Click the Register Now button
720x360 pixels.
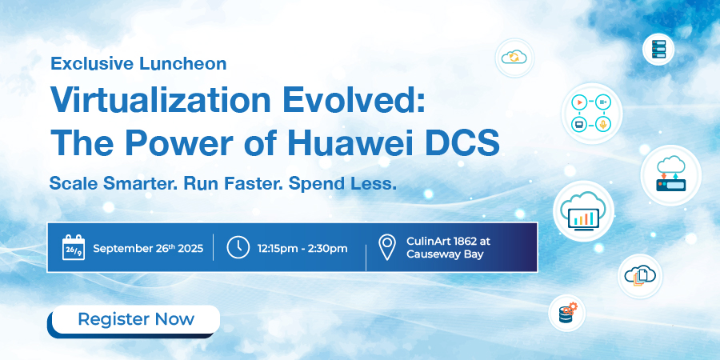pos(136,319)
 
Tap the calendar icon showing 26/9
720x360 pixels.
pos(74,248)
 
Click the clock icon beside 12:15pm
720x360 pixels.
pos(238,248)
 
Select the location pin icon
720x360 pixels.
pos(386,247)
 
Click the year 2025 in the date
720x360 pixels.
pos(190,249)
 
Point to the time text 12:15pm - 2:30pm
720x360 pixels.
pos(302,249)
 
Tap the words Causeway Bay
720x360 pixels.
pos(445,254)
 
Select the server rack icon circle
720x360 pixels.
pos(658,49)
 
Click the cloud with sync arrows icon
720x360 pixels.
pos(514,58)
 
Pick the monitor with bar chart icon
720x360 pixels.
pos(583,210)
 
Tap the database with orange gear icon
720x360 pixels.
pos(566,313)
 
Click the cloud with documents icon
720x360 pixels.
pos(640,276)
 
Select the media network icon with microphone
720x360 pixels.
pos(591,114)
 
